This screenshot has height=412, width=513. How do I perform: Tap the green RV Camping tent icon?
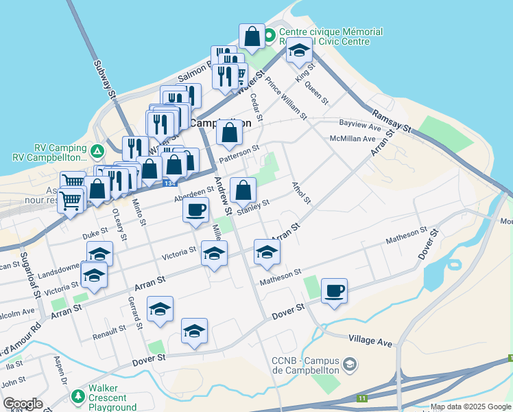(97, 150)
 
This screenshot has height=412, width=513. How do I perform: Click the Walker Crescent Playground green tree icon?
(77, 397)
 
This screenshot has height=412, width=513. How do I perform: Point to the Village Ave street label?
(370, 339)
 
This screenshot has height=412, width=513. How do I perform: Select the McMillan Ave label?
(355, 139)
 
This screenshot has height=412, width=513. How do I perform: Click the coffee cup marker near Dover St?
(334, 291)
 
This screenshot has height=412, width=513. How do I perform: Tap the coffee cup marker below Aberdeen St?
(196, 209)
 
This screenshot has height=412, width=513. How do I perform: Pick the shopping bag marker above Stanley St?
(243, 190)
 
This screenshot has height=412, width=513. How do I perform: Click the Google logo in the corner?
(23, 404)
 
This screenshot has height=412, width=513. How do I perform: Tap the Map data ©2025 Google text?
(470, 407)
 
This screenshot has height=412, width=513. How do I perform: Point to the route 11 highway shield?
(362, 398)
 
